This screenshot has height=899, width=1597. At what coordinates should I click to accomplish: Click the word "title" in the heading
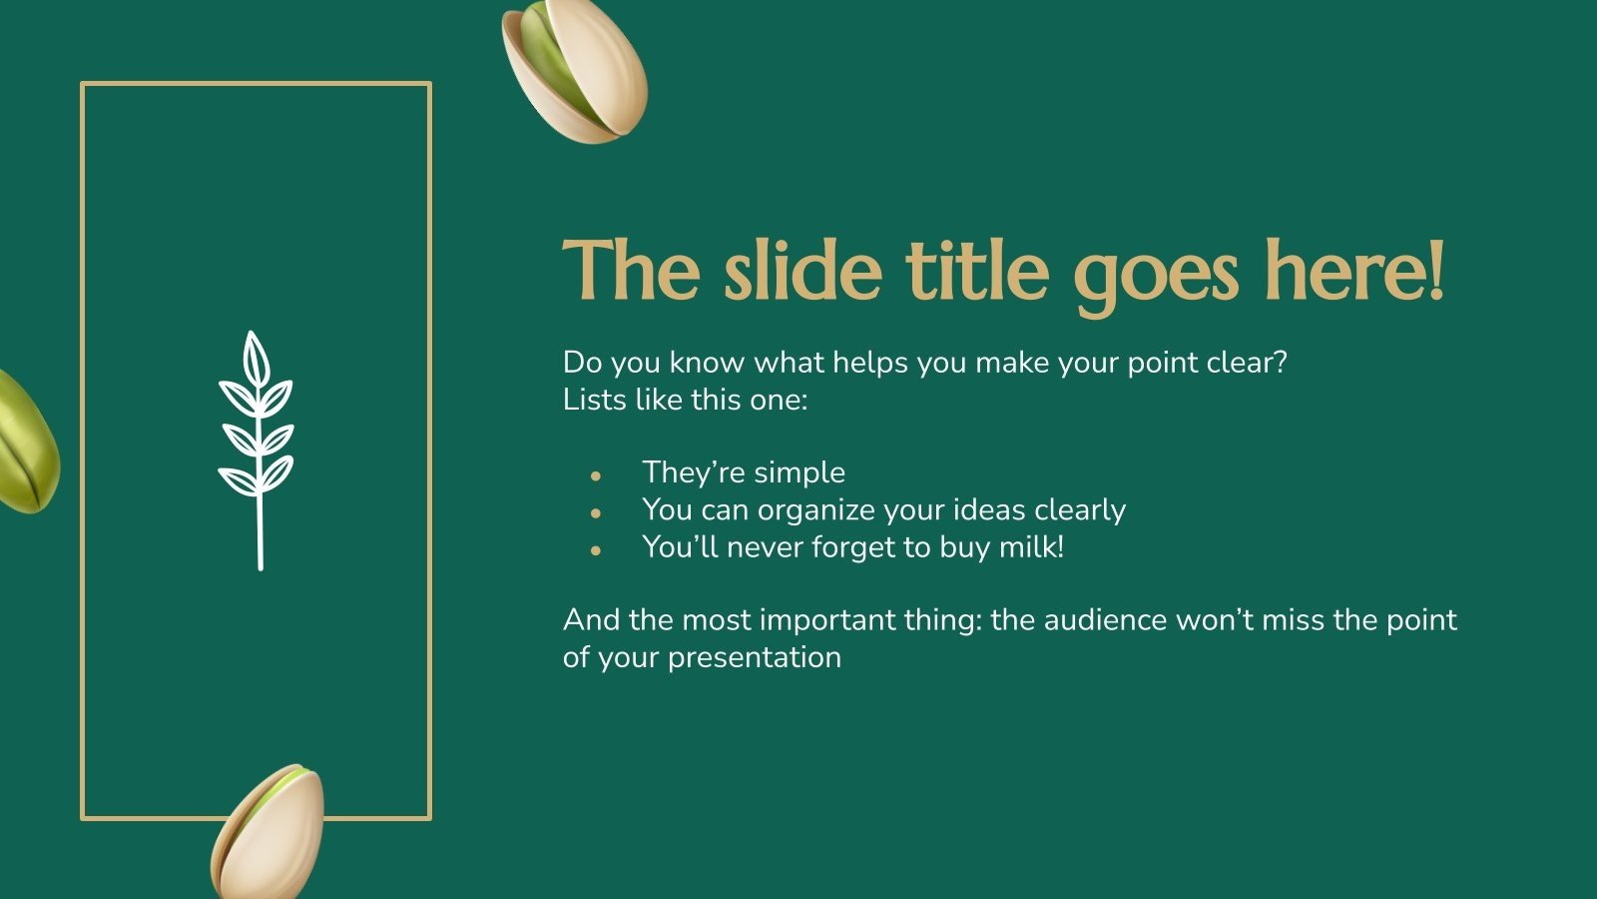click(977, 271)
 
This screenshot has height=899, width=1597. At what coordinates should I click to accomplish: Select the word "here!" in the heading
click(1354, 271)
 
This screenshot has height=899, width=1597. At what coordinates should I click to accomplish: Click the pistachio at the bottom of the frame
click(267, 833)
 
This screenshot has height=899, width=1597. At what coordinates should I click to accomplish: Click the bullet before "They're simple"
click(596, 475)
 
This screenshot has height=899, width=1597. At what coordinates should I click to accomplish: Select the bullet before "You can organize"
click(596, 513)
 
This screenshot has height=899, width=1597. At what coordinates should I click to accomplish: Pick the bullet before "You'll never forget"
click(596, 550)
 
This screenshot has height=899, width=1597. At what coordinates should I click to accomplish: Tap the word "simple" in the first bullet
click(799, 472)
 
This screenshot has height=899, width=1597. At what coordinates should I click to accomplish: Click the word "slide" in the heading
click(802, 271)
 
